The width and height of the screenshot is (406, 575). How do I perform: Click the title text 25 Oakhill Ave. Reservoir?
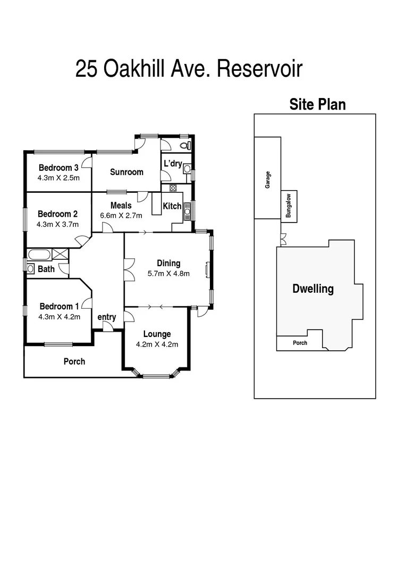[x=189, y=69]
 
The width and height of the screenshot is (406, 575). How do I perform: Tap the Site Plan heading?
[x=317, y=104]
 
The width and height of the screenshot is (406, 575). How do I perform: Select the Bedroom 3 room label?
[x=58, y=168]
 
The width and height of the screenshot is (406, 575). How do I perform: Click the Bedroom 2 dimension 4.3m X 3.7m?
[x=58, y=224]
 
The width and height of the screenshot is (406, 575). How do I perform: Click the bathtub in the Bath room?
[x=39, y=254]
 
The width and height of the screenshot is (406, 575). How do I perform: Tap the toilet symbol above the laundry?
[x=184, y=145]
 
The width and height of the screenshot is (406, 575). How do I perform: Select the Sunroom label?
[x=126, y=172]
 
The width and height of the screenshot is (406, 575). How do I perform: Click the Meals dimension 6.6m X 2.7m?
[x=122, y=216]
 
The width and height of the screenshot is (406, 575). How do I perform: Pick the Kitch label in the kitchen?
[x=172, y=206]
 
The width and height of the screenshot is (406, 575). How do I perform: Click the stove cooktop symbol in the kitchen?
[x=173, y=188]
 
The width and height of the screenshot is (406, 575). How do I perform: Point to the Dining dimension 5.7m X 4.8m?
[x=168, y=274]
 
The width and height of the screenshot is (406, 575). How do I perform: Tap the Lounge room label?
[x=157, y=334]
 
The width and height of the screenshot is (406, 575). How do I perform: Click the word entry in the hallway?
[x=107, y=317]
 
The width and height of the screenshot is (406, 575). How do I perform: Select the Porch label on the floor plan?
[x=74, y=362]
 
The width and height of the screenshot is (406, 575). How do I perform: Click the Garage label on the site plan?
[x=268, y=179]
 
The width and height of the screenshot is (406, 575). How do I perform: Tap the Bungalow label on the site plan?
[x=289, y=206]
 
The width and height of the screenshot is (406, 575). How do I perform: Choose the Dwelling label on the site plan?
[x=313, y=289]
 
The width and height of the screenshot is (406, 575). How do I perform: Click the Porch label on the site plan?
[x=300, y=343]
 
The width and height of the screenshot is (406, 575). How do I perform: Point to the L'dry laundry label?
[x=172, y=163]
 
